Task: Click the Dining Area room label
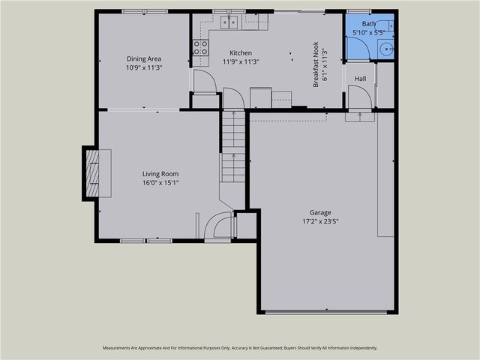pos(144,58)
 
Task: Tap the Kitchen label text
pos(241,52)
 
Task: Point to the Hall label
pos(360,78)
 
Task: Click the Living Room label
pos(160,173)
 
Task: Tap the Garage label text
pos(320,212)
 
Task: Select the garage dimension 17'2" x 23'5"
pos(320,221)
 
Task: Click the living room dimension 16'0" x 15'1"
pos(160,182)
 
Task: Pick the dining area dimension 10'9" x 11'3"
pos(144,67)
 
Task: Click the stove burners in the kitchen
pos(200,47)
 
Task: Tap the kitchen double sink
pos(229,22)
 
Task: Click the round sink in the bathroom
pos(385,49)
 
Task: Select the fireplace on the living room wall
pos(92,173)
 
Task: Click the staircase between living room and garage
pos(233,146)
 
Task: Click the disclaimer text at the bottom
pos(240,348)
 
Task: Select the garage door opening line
pos(328,312)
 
